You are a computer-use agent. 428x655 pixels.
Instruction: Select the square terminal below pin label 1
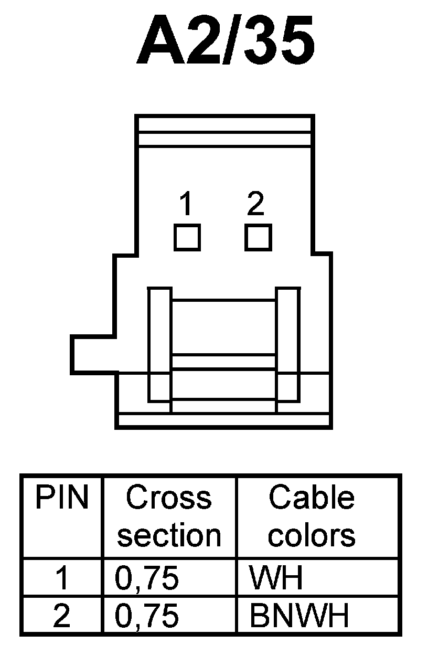(x=187, y=237)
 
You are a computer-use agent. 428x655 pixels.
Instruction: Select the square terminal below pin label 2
(x=258, y=237)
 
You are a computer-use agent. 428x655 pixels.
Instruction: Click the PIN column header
(x=61, y=498)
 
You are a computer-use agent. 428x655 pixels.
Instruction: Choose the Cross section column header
(x=169, y=516)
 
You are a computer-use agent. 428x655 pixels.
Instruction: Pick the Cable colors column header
(x=312, y=516)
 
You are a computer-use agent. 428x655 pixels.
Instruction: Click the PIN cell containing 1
(x=61, y=578)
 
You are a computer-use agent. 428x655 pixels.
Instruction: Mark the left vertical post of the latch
(x=159, y=344)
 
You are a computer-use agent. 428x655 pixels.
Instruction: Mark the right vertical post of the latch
(x=288, y=344)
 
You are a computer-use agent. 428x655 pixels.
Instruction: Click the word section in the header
(x=169, y=535)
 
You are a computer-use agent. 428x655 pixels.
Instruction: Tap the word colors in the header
(x=312, y=535)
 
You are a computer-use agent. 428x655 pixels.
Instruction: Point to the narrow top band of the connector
(x=224, y=124)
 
